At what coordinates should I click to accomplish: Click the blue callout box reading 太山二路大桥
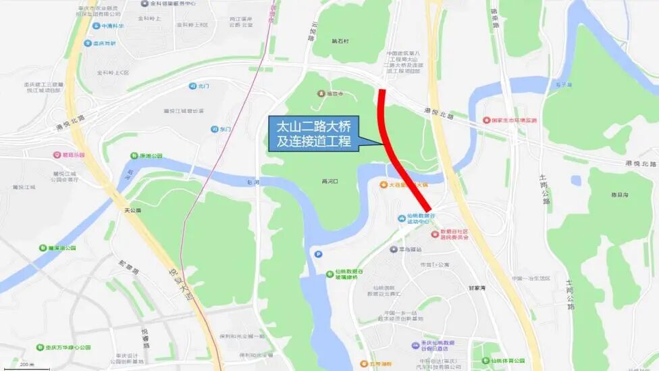click(x=313, y=132)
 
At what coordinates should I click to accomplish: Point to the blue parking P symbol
click(x=318, y=253)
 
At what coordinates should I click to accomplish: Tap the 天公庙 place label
click(x=133, y=210)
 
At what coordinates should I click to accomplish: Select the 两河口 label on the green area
click(x=329, y=182)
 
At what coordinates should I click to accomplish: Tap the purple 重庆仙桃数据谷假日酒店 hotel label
click(x=438, y=346)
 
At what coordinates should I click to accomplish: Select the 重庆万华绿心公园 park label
click(x=64, y=347)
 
